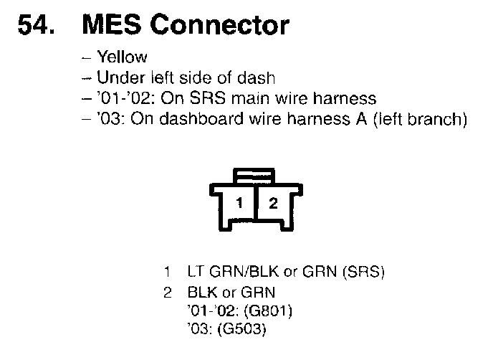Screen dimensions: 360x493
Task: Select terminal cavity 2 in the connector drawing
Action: tap(272, 203)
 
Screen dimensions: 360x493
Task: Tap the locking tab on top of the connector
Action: tap(256, 174)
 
